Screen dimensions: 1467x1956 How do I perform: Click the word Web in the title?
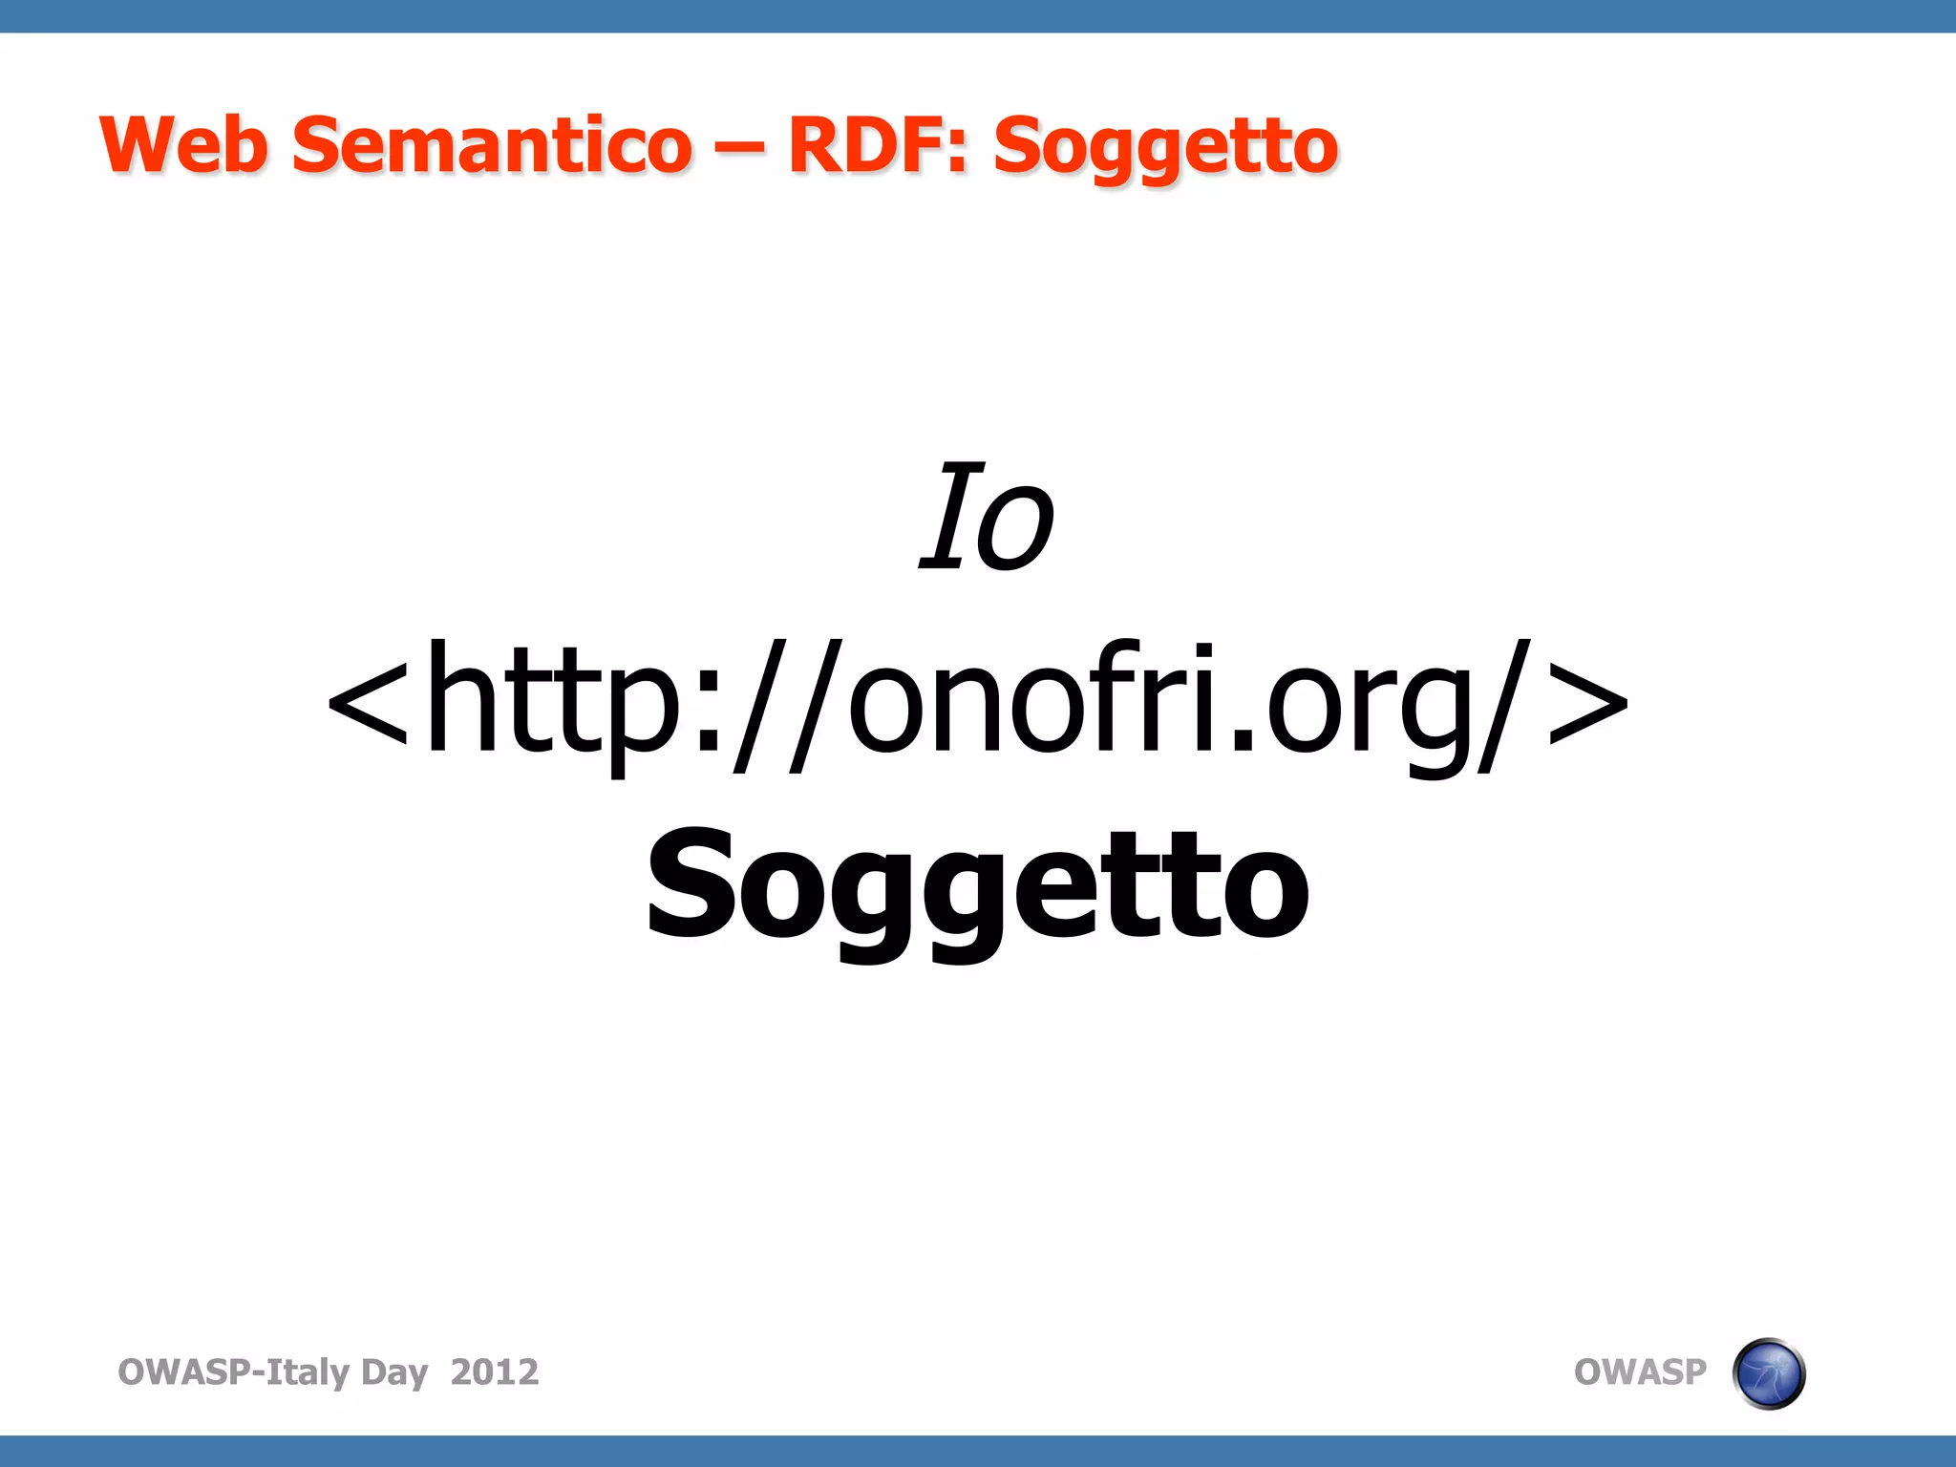183,145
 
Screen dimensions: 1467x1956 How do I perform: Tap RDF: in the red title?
878,145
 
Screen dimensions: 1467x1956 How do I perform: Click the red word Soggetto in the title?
1165,149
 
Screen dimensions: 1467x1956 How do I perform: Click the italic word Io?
987,519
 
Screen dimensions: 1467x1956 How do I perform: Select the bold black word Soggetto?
978,888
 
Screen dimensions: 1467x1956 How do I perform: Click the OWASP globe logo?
1768,1373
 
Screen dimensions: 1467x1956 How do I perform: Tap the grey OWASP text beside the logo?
1639,1371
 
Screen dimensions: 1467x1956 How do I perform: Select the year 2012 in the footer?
494,1371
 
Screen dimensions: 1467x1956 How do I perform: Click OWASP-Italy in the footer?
233,1371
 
